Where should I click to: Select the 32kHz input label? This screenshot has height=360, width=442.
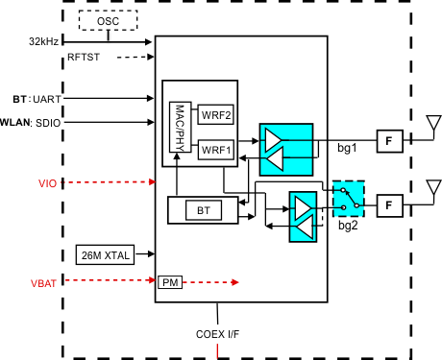click(45, 42)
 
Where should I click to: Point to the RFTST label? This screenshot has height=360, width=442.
click(85, 59)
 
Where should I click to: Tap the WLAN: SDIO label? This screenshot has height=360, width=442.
click(32, 122)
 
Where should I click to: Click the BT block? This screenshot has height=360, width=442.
click(202, 209)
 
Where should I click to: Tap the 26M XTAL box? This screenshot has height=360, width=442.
click(104, 255)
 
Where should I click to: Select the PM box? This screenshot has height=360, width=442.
click(169, 282)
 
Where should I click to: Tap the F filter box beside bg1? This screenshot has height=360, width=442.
click(388, 141)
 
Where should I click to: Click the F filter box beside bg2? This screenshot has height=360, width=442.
click(389, 204)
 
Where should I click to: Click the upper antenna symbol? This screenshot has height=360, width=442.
click(432, 125)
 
